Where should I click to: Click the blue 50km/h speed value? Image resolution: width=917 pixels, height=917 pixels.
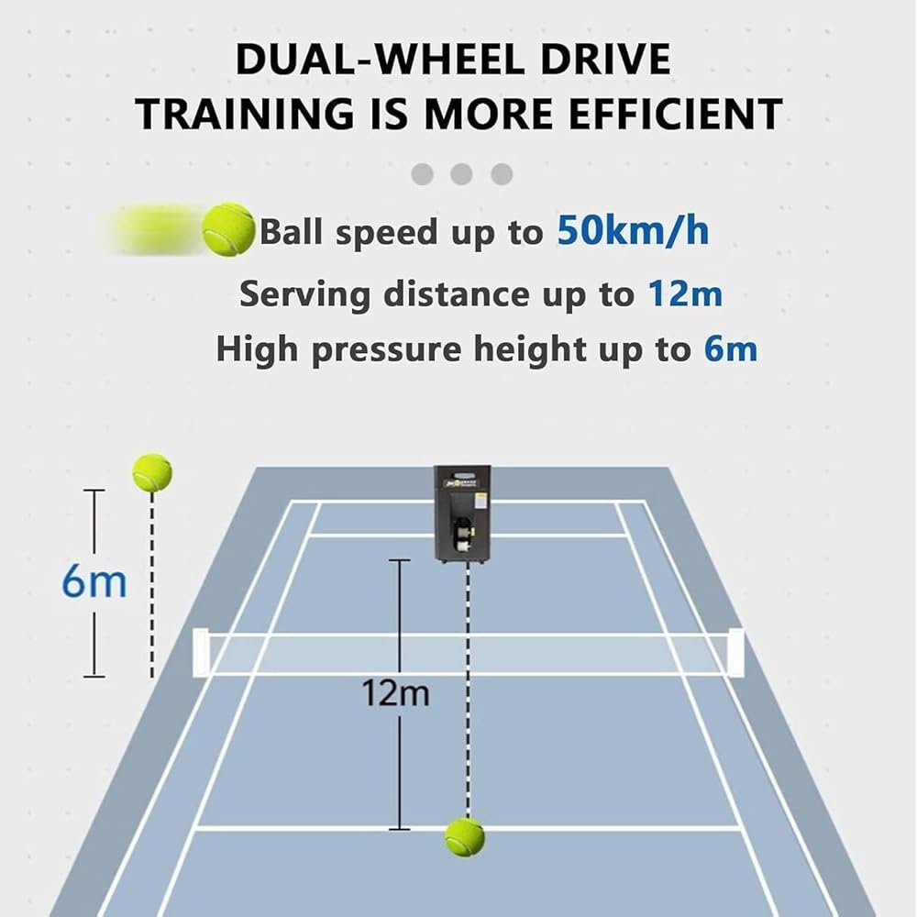click(x=633, y=232)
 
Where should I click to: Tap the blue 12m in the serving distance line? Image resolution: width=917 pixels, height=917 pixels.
click(x=685, y=294)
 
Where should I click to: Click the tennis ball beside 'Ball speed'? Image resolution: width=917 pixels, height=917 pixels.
click(x=228, y=229)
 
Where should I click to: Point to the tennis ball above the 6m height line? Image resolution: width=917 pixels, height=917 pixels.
click(x=152, y=472)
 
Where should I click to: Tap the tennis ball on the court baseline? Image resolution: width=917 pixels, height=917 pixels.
click(x=465, y=836)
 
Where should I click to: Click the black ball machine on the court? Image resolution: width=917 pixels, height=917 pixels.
click(x=462, y=514)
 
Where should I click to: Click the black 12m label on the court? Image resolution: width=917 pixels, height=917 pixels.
click(x=395, y=694)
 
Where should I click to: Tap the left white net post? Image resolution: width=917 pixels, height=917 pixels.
click(x=201, y=652)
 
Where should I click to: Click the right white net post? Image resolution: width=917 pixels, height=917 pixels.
click(x=735, y=652)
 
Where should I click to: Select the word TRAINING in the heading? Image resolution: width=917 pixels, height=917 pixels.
click(x=244, y=114)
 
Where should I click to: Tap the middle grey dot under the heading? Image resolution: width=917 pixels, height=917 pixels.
click(x=461, y=173)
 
